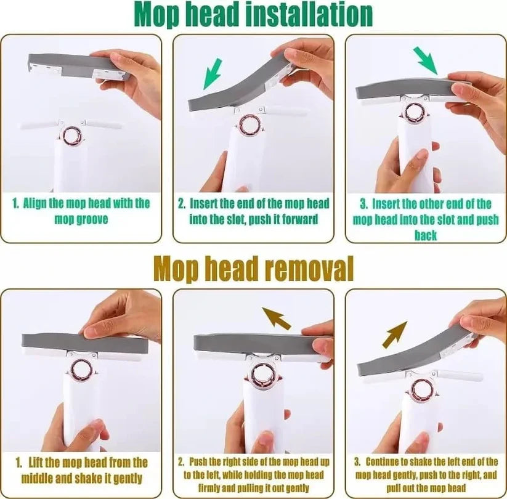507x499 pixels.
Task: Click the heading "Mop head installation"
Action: [253, 15]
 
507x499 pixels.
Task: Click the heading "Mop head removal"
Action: [253, 269]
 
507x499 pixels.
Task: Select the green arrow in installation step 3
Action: [426, 61]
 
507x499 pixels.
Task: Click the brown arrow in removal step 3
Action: [395, 334]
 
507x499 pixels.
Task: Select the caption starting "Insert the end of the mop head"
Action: [253, 211]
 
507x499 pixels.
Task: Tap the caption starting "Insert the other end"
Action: [426, 219]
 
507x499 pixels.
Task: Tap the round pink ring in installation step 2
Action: [249, 125]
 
